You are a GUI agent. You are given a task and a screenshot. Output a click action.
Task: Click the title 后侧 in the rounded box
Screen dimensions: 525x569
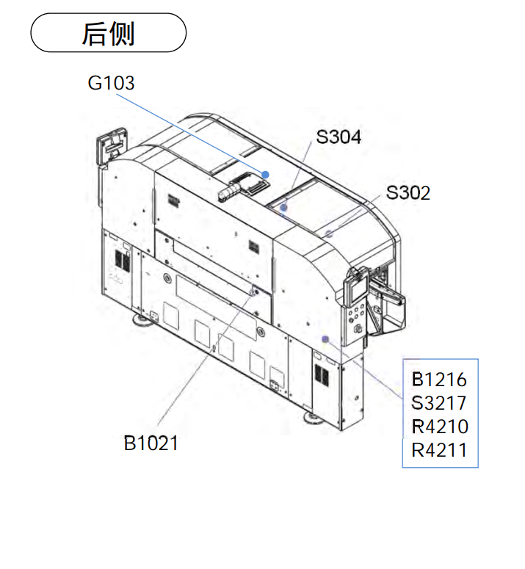(x=108, y=33)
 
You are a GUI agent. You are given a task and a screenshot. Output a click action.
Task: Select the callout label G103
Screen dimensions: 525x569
(x=111, y=83)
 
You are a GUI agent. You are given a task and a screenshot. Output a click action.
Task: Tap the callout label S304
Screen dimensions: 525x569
(x=338, y=137)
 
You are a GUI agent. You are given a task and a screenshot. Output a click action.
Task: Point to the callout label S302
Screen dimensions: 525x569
(x=408, y=192)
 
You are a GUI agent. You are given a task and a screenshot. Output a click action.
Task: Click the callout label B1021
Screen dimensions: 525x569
(x=151, y=443)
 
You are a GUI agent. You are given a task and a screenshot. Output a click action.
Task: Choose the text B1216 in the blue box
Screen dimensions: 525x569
(x=439, y=380)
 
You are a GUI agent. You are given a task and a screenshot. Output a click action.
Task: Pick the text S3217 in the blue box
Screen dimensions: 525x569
(x=438, y=403)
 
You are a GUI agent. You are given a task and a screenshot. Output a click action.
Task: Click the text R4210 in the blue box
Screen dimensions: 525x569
(x=440, y=427)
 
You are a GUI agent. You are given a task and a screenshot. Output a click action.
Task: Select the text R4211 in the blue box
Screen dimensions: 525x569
(x=439, y=450)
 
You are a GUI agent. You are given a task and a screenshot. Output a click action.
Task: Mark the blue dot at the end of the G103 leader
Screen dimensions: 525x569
(x=265, y=175)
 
